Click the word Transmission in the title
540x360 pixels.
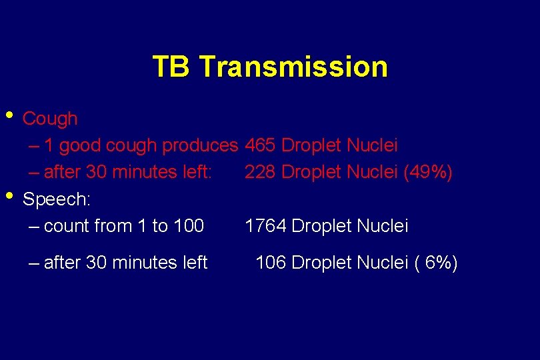[x=293, y=67]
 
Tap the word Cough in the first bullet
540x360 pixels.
[x=50, y=119]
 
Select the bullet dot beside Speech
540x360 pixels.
[x=9, y=196]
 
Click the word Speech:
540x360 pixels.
[x=57, y=199]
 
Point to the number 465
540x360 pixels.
[x=261, y=145]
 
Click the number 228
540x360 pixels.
[x=261, y=173]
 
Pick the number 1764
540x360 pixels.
[x=265, y=227]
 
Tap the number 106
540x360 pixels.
[x=271, y=263]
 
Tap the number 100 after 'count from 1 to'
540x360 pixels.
[x=189, y=227]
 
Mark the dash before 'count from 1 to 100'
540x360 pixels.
[x=34, y=227]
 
